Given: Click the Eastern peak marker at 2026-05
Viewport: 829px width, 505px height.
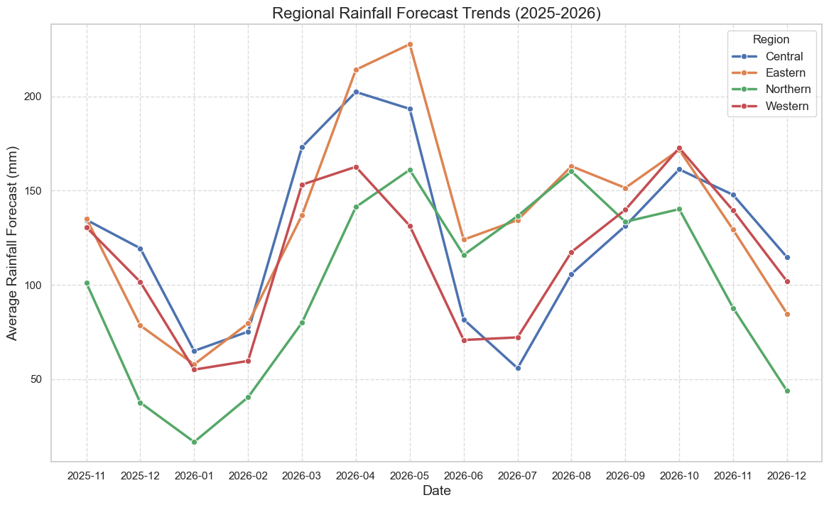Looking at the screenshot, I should [x=410, y=44].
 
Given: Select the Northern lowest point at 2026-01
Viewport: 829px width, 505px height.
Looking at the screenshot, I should [x=194, y=442].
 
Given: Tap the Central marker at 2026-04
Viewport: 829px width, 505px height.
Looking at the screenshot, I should [x=356, y=92].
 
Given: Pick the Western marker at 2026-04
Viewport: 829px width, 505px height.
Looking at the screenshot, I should [x=356, y=167].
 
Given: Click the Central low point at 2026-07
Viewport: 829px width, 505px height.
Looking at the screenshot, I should [x=518, y=368].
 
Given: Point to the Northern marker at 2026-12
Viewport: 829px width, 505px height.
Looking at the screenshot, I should [x=787, y=391].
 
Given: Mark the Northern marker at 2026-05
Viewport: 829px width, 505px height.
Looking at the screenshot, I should [x=410, y=170].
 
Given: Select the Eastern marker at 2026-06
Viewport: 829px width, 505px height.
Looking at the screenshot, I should [x=464, y=239].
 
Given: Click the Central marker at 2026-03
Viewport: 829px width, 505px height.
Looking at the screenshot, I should [x=302, y=147].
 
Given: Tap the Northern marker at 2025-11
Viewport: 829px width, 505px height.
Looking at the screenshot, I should [x=87, y=283].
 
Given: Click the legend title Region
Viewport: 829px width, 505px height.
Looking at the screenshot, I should [x=771, y=40].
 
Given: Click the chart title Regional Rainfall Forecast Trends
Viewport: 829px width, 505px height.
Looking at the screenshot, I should [x=436, y=13].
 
